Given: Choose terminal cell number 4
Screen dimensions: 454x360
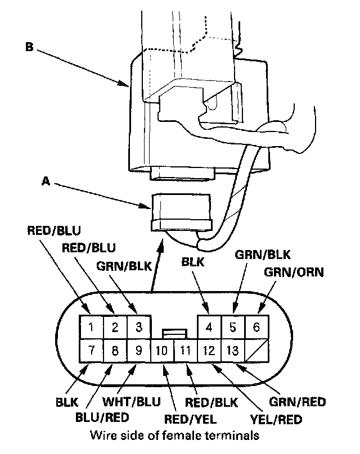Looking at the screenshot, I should click(x=209, y=326).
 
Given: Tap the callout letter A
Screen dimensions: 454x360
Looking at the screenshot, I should click(x=46, y=181).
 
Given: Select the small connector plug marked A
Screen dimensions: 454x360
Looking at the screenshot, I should click(x=180, y=211).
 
